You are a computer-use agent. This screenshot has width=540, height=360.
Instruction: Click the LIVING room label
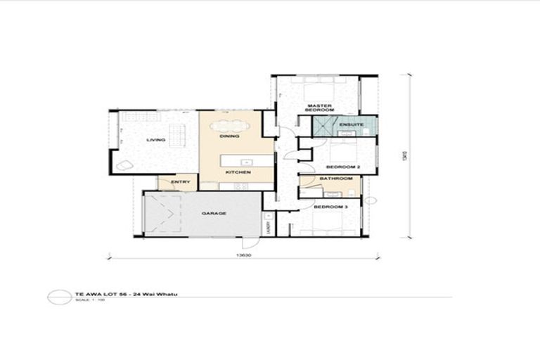tap(155, 140)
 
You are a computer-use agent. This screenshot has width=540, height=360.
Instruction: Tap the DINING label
tap(229, 136)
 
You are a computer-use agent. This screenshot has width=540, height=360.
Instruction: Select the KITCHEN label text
tap(234, 172)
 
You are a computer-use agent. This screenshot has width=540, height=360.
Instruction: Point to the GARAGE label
tap(214, 212)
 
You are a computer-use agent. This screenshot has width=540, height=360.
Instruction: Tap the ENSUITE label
tap(350, 125)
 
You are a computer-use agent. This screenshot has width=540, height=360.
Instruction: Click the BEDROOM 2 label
tap(342, 167)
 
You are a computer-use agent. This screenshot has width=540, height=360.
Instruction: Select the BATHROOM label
tap(335, 179)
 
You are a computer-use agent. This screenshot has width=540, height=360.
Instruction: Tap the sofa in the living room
tap(176, 134)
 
